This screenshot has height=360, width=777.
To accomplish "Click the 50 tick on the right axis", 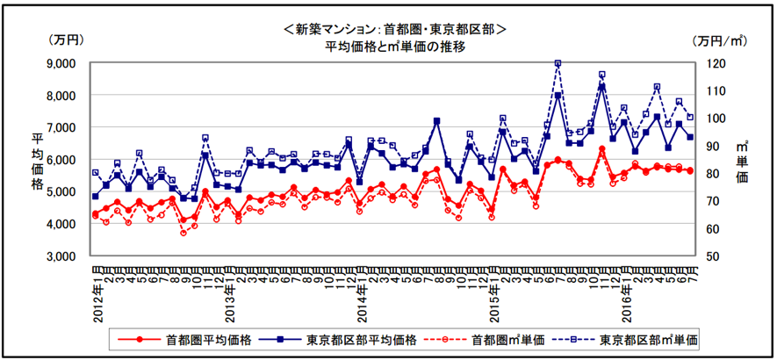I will pyautogui.click(x=715, y=256).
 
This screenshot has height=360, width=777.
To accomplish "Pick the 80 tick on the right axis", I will pyautogui.click(x=715, y=174).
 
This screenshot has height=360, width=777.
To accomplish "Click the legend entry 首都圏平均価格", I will pyautogui.click(x=203, y=338).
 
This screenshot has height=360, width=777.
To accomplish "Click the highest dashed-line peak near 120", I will pyautogui.click(x=558, y=63).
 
